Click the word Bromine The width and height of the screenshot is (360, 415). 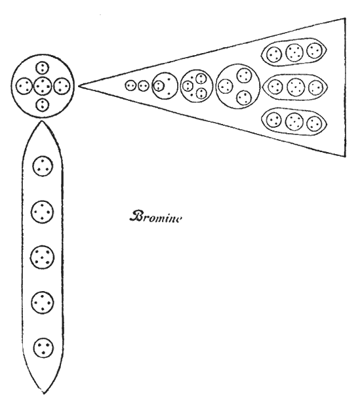tap(155, 217)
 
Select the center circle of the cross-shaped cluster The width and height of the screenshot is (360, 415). tap(43, 86)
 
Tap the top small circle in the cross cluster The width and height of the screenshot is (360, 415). tap(43, 68)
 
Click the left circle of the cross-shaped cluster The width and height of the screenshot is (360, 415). tap(24, 86)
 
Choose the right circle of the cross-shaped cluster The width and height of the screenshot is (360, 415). tap(62, 86)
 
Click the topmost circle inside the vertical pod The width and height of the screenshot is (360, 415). tap(43, 167)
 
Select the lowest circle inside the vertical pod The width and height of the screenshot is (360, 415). tap(44, 347)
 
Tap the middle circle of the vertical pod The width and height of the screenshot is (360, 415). tap(43, 257)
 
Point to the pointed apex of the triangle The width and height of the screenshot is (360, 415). tap(79, 85)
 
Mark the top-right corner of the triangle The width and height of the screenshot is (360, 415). tap(346, 18)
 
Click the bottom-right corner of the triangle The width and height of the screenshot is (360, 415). tap(346, 157)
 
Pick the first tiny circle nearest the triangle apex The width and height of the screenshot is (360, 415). tap(130, 85)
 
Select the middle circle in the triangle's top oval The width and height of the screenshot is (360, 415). tap(294, 52)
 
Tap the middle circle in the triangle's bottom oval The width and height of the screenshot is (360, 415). tap(294, 121)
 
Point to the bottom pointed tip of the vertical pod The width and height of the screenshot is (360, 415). tap(44, 393)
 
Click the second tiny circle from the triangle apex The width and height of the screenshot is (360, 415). tap(143, 86)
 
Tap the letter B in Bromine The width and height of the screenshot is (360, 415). tap(136, 216)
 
